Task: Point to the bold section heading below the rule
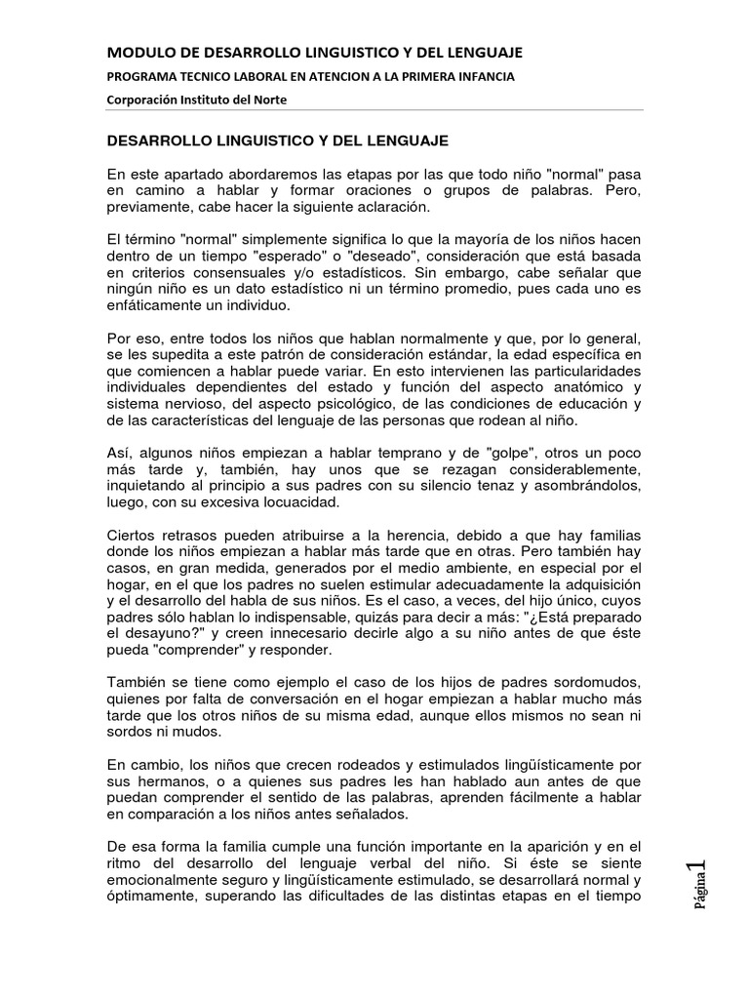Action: pos(277,141)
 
